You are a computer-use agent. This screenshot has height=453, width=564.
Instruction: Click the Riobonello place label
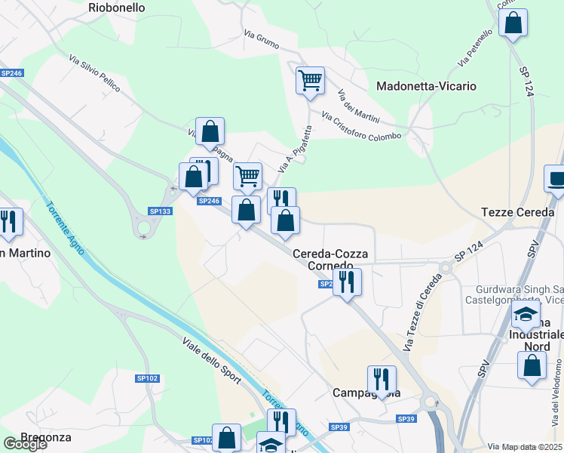(116, 8)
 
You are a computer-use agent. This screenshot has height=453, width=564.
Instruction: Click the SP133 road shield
(161, 211)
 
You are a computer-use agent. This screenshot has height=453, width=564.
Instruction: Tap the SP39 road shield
(406, 419)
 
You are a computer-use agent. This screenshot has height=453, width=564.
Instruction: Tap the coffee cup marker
(556, 179)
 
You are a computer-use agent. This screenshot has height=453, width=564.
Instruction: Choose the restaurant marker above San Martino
(10, 220)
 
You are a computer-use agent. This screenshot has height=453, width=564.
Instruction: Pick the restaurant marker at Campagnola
(382, 379)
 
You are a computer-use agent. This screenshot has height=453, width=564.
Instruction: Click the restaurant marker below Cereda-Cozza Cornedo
(347, 282)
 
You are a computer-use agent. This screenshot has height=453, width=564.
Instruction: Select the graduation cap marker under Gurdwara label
(525, 314)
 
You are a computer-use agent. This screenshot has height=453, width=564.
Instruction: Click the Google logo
(25, 444)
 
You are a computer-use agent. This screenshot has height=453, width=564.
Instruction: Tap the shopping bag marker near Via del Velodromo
(532, 365)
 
